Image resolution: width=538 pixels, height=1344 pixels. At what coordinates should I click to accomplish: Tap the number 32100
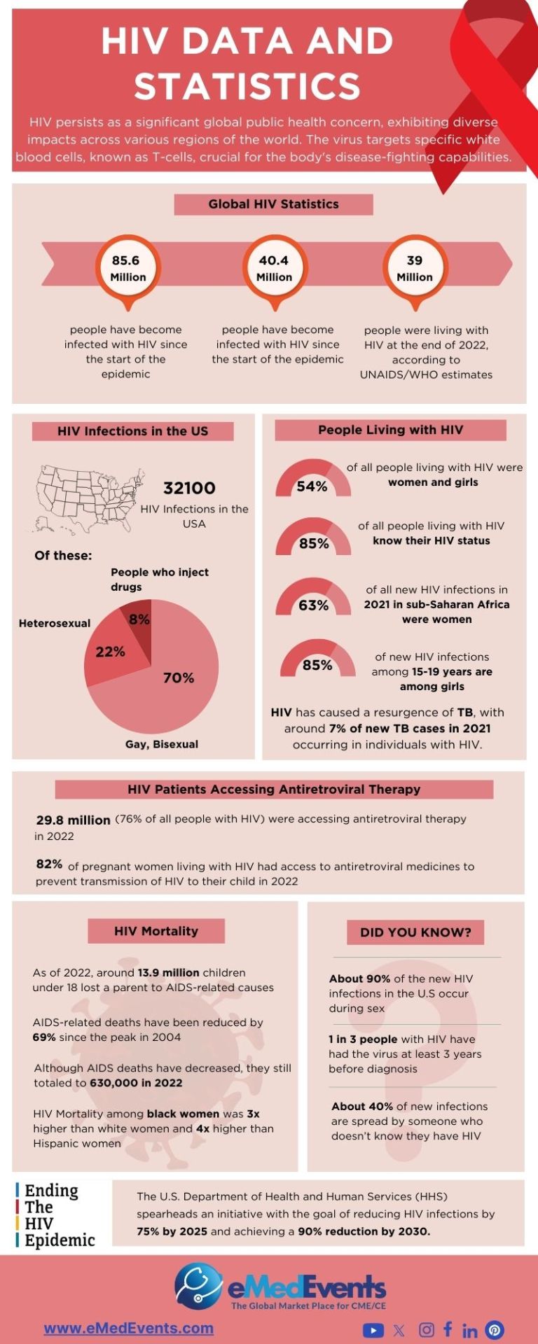(x=189, y=488)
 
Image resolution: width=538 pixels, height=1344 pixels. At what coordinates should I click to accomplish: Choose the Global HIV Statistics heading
(x=273, y=204)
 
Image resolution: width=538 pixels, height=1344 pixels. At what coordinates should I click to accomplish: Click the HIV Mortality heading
(x=156, y=931)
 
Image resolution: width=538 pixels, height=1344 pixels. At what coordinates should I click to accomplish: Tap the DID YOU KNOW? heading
(x=415, y=932)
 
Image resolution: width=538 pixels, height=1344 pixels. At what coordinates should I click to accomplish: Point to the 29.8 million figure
(x=73, y=820)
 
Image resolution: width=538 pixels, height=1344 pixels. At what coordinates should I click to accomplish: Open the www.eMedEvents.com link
(x=128, y=1328)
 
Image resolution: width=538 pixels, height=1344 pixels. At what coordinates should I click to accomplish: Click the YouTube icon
(x=373, y=1330)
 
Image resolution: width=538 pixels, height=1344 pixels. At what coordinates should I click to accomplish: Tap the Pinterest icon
(x=495, y=1330)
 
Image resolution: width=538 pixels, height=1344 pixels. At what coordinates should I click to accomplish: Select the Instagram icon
(x=426, y=1330)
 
